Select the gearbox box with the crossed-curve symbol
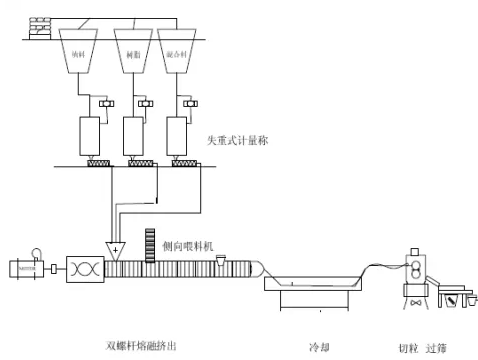84,269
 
